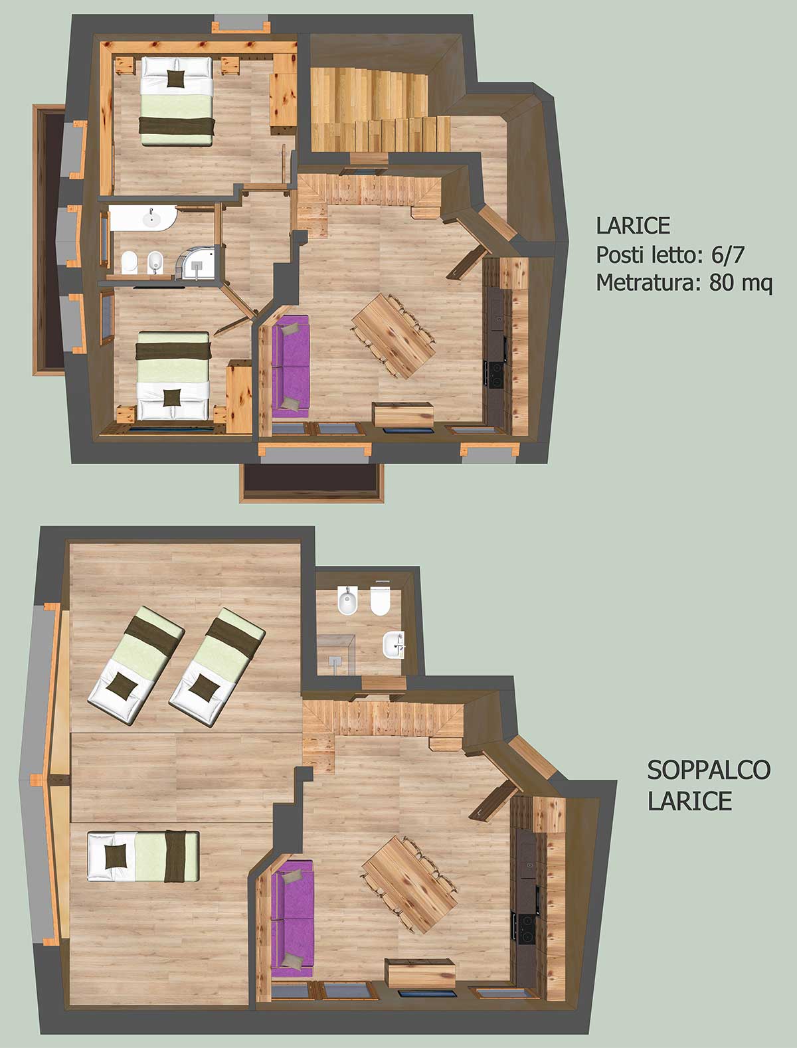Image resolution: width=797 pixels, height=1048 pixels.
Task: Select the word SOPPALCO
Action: (x=709, y=770)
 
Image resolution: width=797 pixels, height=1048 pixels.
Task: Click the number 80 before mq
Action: (x=721, y=283)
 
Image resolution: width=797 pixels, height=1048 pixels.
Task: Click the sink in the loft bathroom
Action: (x=393, y=644)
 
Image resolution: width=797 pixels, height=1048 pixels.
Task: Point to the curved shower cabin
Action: (x=195, y=262)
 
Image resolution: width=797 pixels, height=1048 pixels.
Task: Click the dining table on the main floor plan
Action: (x=394, y=335)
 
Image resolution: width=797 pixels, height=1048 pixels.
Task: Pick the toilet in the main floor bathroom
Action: (x=130, y=262)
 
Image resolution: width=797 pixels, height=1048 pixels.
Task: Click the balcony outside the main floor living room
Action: (x=311, y=482)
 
